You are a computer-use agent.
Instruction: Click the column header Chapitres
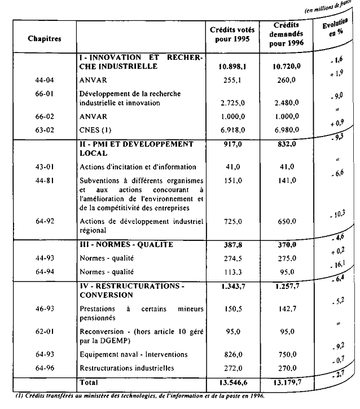[x=44, y=39]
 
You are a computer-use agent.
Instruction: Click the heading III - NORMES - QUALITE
[x=126, y=245]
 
